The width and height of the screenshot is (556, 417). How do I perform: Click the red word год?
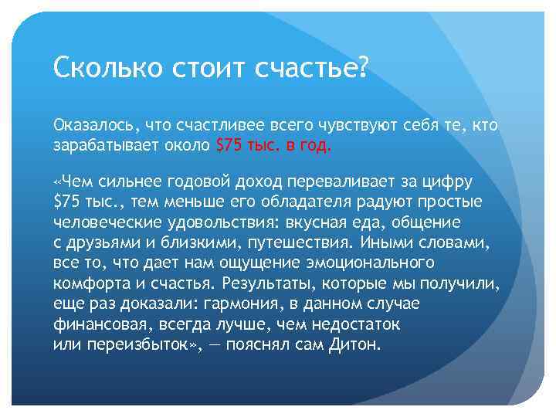click(317, 144)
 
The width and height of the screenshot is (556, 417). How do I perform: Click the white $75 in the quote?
click(66, 202)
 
